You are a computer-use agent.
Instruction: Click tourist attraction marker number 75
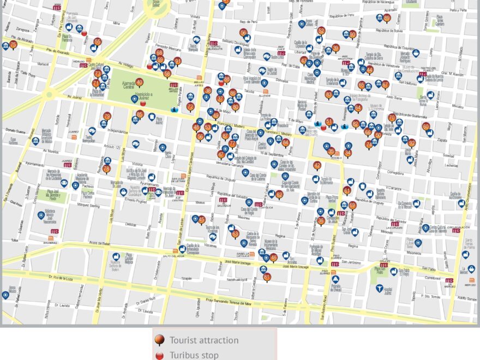[x=13, y=45]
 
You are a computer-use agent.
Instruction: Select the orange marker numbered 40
[x=140, y=83]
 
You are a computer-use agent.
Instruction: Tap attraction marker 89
[x=387, y=19]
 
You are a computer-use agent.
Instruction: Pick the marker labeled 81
[x=267, y=277]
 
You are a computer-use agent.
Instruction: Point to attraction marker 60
[x=426, y=127]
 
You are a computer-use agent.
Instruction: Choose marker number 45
[x=202, y=220]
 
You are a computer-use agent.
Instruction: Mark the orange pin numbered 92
[x=412, y=143]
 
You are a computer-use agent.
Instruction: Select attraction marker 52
[x=321, y=31]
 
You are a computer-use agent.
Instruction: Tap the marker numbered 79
[x=107, y=116]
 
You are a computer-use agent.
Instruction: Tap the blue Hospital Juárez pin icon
[x=379, y=288]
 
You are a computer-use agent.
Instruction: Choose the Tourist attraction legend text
[x=203, y=340]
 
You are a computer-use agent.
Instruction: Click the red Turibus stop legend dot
[x=160, y=355]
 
